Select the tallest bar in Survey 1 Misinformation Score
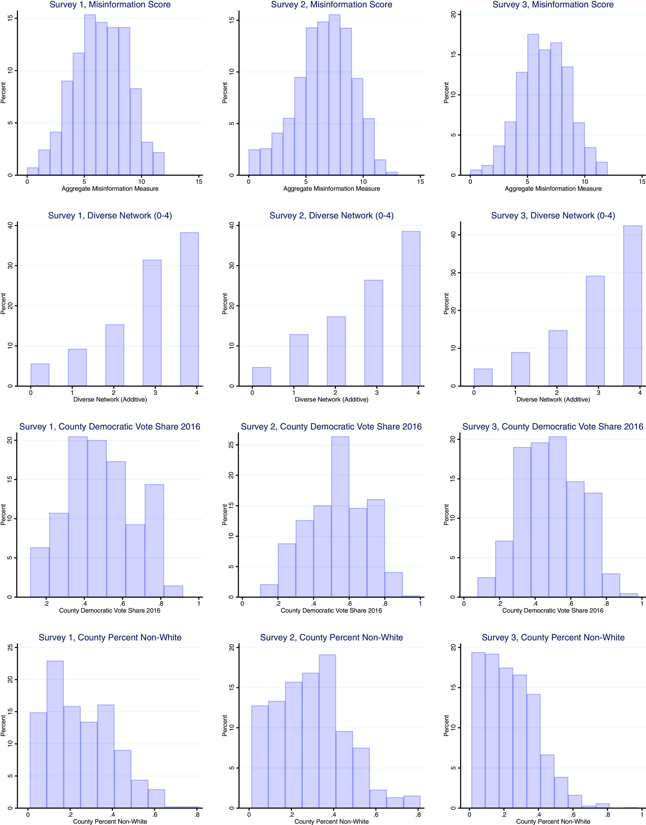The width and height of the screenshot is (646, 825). tap(90, 95)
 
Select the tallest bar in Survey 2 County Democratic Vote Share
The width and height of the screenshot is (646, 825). tap(340, 517)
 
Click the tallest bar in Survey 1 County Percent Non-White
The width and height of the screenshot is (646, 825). tap(55, 734)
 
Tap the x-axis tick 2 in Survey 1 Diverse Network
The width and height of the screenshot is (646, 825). tap(113, 393)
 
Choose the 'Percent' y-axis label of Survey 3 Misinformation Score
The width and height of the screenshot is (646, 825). tap(446, 93)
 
